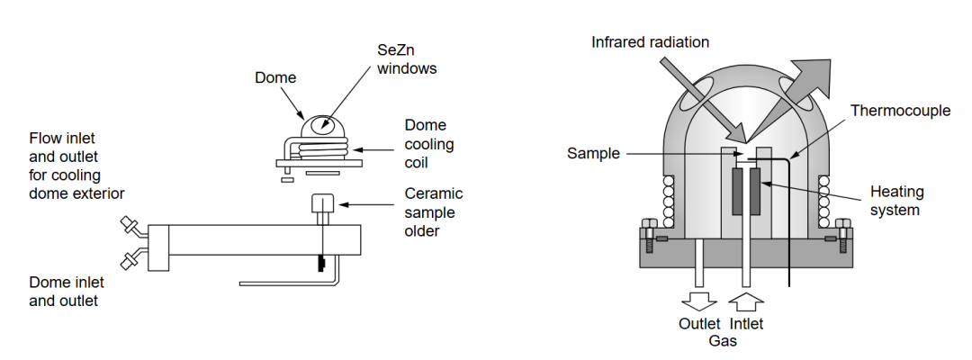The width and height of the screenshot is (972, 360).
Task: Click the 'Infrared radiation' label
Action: (651, 42)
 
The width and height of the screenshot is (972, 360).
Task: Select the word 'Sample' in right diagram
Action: (594, 153)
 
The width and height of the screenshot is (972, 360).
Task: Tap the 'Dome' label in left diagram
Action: (274, 78)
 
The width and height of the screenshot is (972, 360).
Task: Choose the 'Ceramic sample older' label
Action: (434, 211)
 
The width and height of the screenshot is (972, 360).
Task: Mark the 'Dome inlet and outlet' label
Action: (64, 291)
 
